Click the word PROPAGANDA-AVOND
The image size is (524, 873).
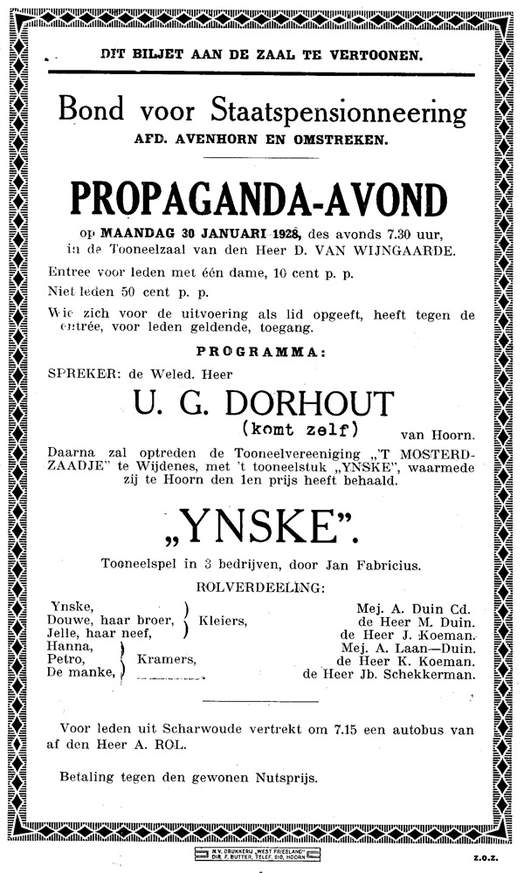click(261, 200)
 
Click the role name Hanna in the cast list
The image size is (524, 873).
click(72, 647)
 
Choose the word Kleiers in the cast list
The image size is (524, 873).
click(223, 621)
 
